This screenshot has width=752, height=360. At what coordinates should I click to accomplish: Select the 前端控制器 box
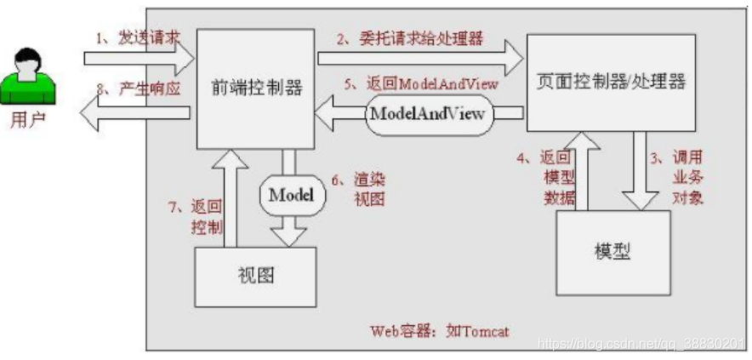[x=251, y=87]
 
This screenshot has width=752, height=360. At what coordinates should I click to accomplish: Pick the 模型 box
[x=612, y=252]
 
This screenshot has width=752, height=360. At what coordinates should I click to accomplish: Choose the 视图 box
[x=254, y=277]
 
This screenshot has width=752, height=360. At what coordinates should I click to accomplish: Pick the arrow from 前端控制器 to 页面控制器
[x=420, y=60]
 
